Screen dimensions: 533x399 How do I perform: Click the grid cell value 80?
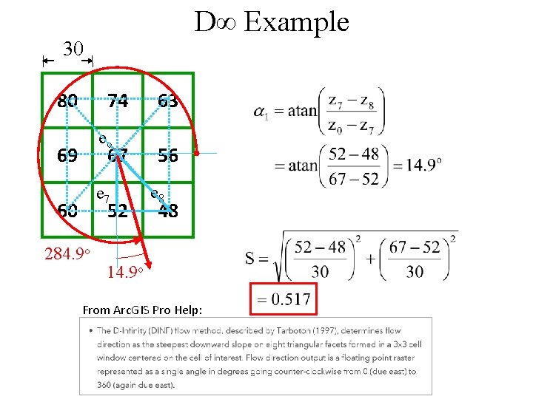[67, 100]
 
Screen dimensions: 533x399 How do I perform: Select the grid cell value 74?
[117, 100]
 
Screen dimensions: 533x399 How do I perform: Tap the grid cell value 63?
[167, 100]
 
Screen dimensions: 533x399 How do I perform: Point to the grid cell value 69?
[67, 156]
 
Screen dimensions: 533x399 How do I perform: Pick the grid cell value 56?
[167, 156]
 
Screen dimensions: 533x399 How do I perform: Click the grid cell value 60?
[67, 211]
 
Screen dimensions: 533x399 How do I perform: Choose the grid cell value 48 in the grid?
[167, 211]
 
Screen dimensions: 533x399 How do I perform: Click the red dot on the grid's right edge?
[198, 154]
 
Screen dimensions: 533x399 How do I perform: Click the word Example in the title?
[296, 22]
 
